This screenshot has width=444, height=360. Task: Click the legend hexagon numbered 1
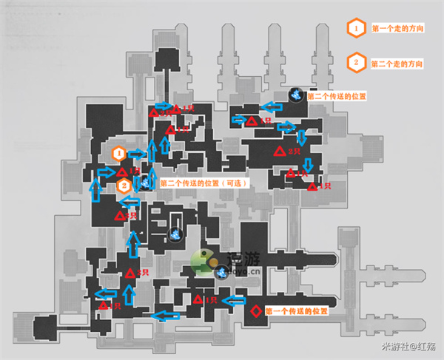(x=356, y=28)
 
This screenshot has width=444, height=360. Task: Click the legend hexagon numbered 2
(x=356, y=63)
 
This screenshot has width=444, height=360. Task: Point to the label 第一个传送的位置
(x=296, y=310)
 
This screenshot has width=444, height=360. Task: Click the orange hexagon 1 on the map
(x=117, y=153)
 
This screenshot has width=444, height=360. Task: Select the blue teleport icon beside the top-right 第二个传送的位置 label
(x=295, y=95)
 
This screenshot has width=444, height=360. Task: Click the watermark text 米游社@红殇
(x=408, y=347)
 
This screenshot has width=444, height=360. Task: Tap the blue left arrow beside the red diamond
(x=234, y=300)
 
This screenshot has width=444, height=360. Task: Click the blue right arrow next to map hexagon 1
(x=137, y=154)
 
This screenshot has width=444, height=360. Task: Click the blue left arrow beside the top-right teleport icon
(x=275, y=105)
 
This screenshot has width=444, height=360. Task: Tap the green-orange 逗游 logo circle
(x=201, y=259)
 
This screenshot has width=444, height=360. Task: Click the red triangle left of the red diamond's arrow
(x=198, y=299)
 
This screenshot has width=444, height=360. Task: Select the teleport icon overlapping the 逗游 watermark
(x=221, y=271)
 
